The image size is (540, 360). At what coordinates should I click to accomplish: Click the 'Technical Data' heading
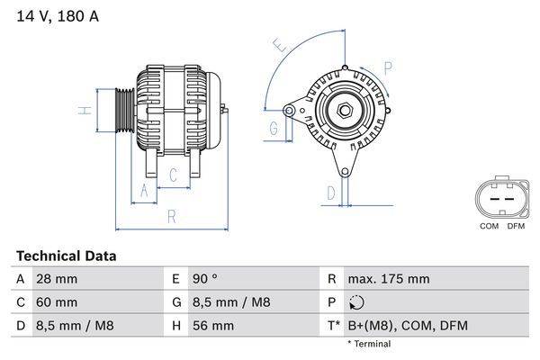click(x=66, y=256)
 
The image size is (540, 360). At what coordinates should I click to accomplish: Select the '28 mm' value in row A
click(x=55, y=279)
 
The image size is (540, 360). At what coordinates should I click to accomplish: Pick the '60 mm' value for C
click(x=55, y=302)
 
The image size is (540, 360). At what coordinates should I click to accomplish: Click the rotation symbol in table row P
click(x=358, y=302)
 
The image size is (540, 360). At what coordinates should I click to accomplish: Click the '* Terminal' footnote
click(x=369, y=344)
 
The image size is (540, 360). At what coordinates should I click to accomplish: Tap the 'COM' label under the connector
click(x=490, y=226)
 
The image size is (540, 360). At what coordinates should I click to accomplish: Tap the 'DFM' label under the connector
click(x=516, y=226)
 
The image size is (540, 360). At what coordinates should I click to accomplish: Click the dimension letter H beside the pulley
click(x=82, y=111)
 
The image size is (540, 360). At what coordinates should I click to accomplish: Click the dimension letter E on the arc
click(x=280, y=45)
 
